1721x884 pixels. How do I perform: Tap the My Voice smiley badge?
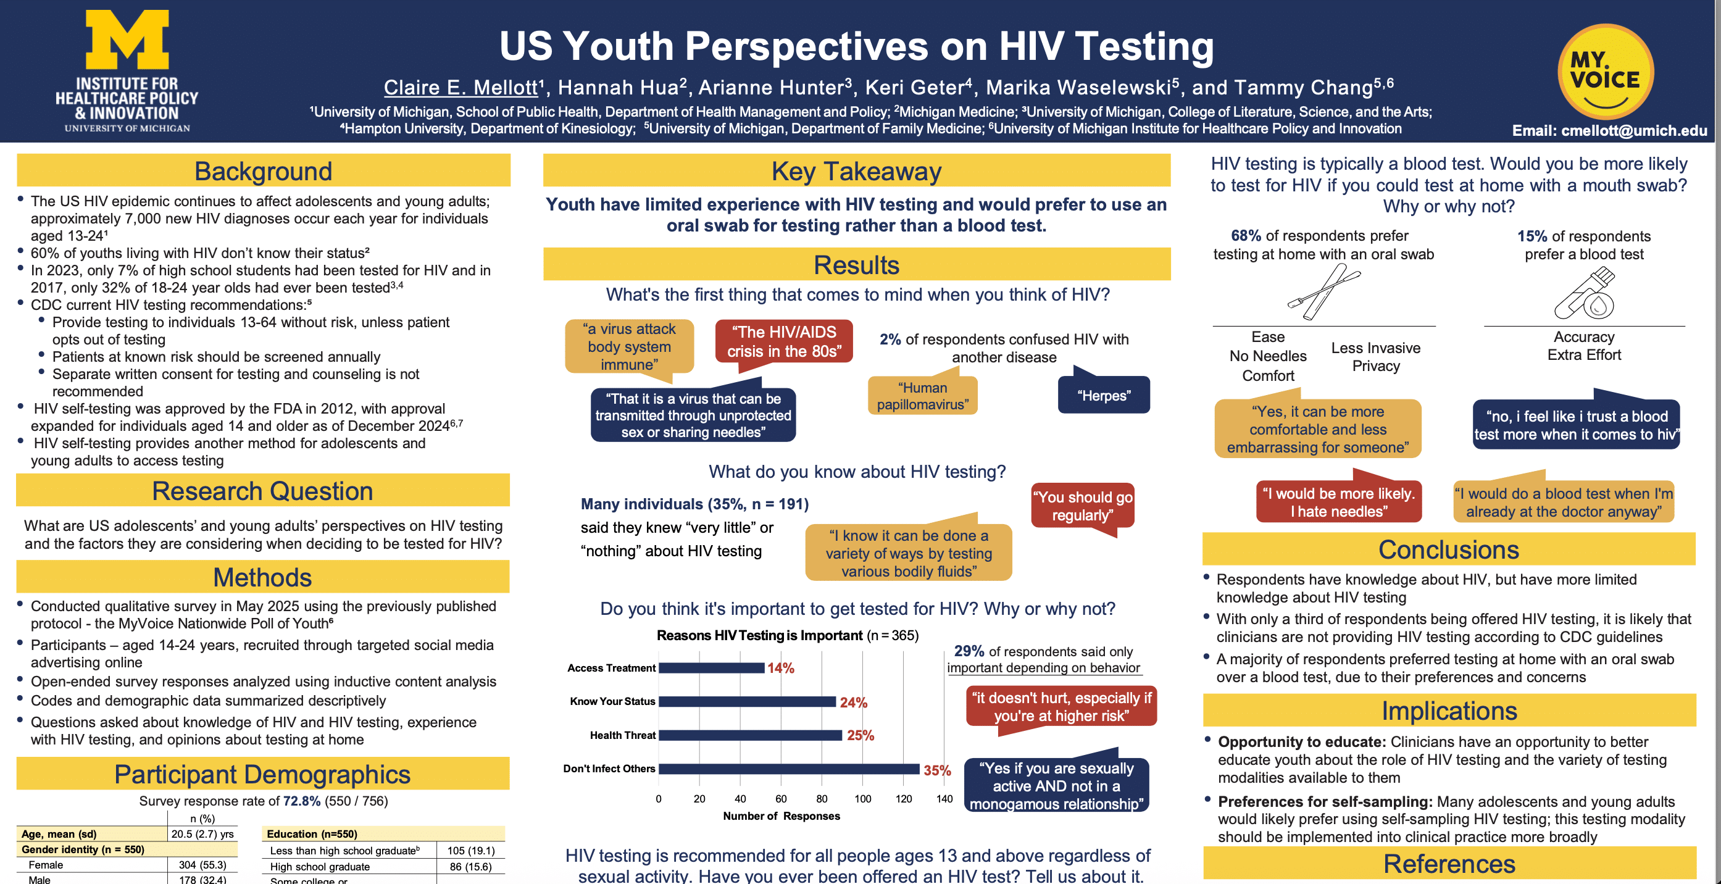[x=1606, y=72]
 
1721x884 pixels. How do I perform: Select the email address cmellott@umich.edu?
[x=1633, y=131]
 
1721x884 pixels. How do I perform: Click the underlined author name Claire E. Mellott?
[x=460, y=88]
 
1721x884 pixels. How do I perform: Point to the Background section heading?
[x=263, y=171]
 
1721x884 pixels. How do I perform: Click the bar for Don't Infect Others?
[x=788, y=769]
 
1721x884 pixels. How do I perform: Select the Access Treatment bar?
[x=712, y=667]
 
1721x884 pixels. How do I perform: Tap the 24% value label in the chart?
[x=853, y=703]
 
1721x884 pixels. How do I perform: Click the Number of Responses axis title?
[x=781, y=816]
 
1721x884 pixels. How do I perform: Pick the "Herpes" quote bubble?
[x=1104, y=396]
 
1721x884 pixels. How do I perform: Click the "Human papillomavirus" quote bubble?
[x=922, y=396]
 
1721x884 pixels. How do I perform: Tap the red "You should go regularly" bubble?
[x=1082, y=506]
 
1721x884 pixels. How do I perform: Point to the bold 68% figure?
[x=1246, y=236]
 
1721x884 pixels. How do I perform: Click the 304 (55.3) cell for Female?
[x=202, y=865]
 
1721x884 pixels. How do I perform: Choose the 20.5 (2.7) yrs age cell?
[x=202, y=834]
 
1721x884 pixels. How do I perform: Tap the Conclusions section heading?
[x=1448, y=549]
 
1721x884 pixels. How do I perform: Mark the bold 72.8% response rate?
[x=301, y=801]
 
